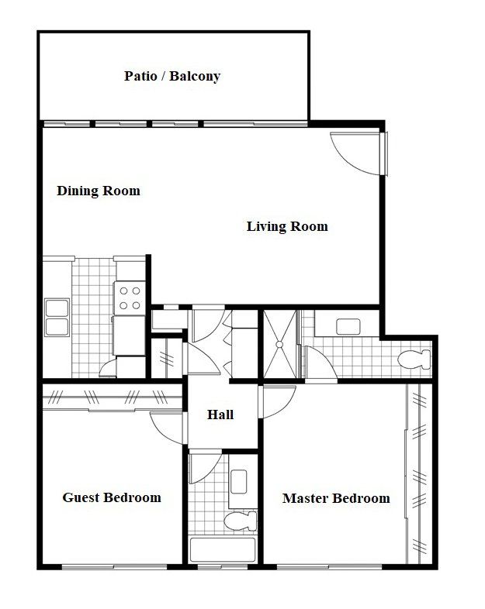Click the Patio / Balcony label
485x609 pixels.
click(x=172, y=76)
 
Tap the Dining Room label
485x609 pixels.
click(x=99, y=191)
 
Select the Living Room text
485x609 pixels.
click(x=287, y=226)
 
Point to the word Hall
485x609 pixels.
click(x=220, y=415)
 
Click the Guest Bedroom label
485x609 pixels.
click(x=112, y=497)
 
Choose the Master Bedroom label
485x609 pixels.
click(x=336, y=498)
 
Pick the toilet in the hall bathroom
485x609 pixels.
click(x=240, y=520)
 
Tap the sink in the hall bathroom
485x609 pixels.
click(x=239, y=481)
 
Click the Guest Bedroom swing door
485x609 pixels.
click(x=166, y=425)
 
